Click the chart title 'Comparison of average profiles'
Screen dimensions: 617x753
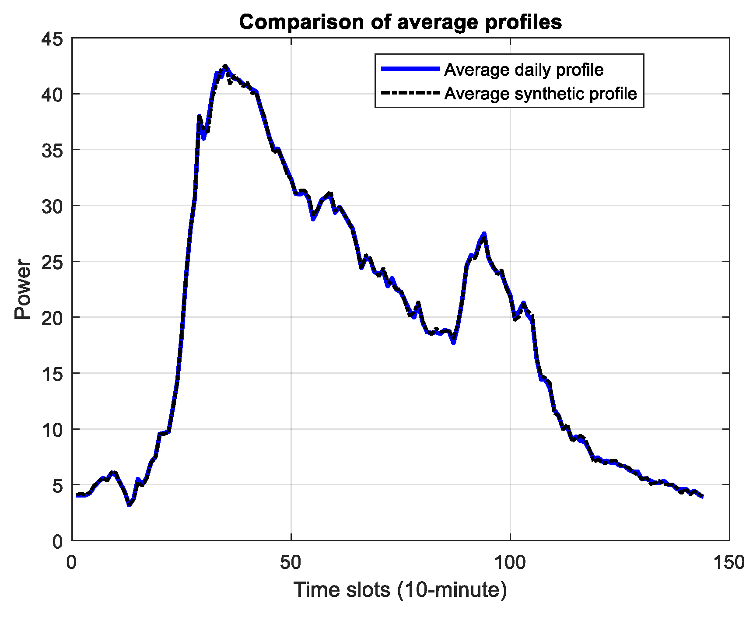coord(400,22)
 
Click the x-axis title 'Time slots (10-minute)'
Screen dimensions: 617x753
coord(400,589)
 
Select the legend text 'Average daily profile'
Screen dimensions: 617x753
coord(524,70)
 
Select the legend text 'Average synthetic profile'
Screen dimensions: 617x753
coord(540,94)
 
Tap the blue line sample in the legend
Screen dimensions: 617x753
coord(410,69)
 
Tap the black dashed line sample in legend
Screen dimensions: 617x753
coord(410,93)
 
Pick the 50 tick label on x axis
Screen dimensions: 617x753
coord(291,563)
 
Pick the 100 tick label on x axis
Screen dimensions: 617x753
coord(510,563)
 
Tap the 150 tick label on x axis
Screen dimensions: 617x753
coord(729,563)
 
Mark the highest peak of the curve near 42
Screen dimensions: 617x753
coord(225,66)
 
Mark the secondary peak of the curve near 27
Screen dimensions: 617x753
coord(484,235)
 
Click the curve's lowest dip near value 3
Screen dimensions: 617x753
coord(129,505)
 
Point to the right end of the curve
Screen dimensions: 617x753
coord(702,496)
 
